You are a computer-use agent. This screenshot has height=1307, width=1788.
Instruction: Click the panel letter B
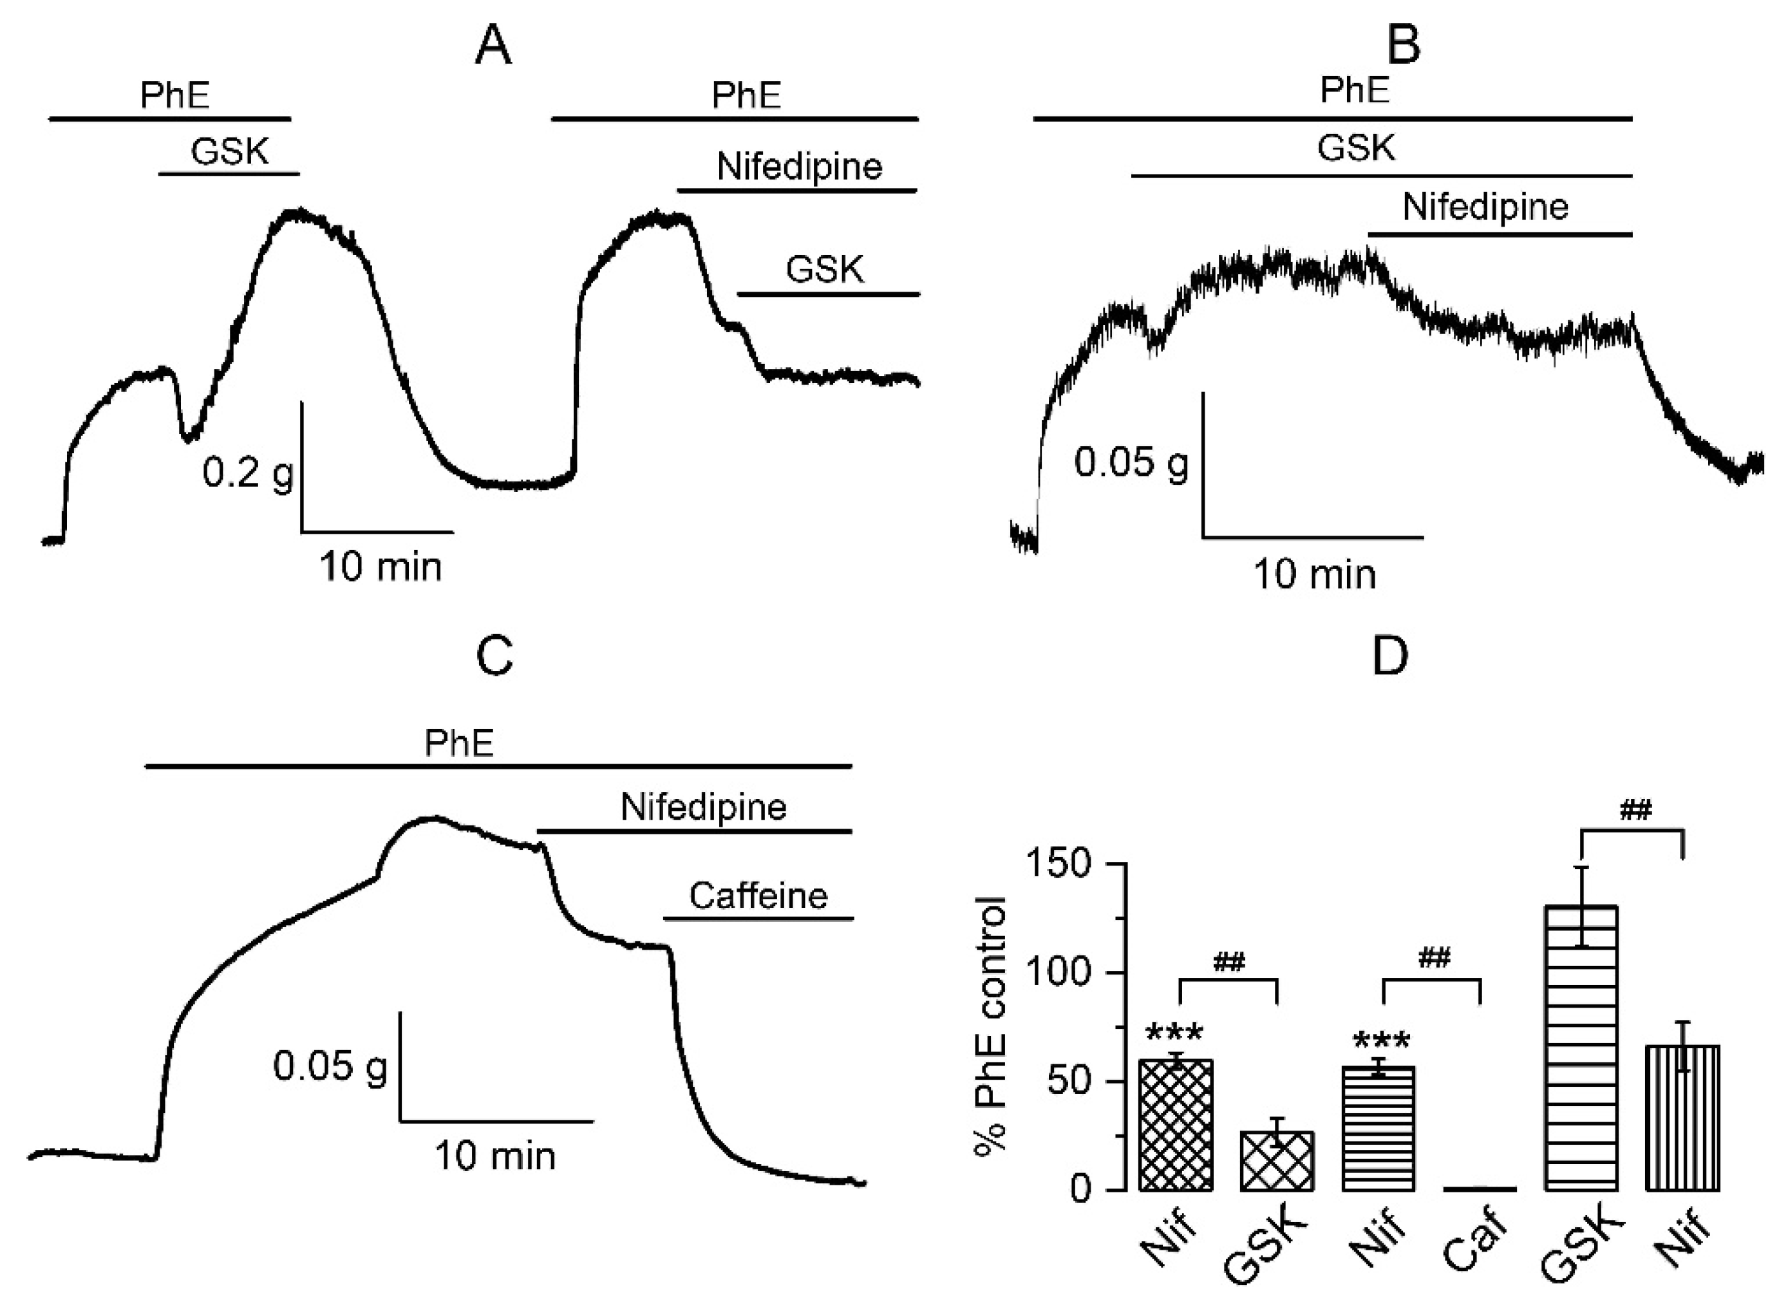tap(1404, 44)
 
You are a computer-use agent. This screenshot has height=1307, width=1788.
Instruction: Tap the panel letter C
tap(494, 656)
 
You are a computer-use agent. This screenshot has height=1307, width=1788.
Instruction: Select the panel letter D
tap(1390, 656)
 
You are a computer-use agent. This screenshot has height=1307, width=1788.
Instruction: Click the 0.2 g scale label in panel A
tap(248, 473)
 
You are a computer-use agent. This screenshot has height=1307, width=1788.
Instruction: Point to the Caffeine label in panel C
tap(758, 896)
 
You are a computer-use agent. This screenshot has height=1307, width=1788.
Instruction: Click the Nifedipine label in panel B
tap(1485, 207)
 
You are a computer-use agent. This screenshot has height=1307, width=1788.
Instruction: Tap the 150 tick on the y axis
tap(1068, 863)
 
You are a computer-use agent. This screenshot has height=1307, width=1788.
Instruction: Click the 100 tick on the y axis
tap(1068, 972)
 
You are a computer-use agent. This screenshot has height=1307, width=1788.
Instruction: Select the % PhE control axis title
tap(990, 1028)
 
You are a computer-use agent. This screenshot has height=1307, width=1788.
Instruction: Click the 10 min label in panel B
tap(1314, 574)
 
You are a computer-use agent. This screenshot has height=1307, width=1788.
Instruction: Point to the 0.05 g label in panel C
tap(330, 1066)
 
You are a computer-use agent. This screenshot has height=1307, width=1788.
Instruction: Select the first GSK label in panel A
tap(229, 150)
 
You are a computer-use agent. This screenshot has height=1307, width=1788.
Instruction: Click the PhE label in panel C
tap(459, 743)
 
